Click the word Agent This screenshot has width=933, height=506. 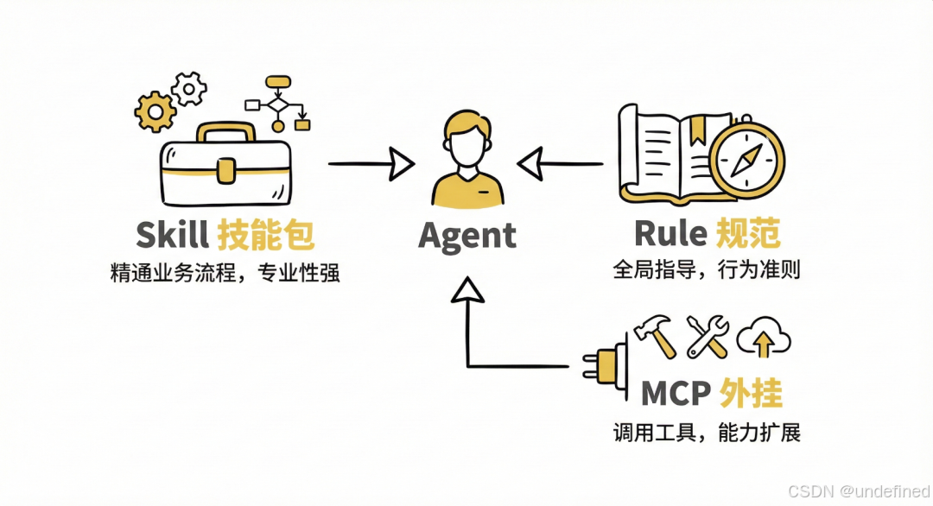(466, 236)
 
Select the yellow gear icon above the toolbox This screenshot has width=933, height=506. (155, 110)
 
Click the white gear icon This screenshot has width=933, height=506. (189, 88)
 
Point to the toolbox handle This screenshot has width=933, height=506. (226, 132)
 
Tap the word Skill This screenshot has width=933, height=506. (172, 235)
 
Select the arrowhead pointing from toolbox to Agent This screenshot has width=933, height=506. (399, 162)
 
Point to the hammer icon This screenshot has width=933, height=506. (655, 335)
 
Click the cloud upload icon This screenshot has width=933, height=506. (765, 337)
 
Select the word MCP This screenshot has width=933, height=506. (676, 394)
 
